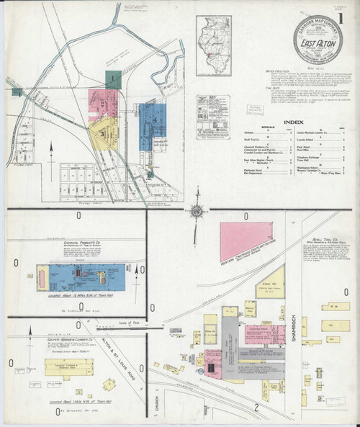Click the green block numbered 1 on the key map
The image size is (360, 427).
112,79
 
